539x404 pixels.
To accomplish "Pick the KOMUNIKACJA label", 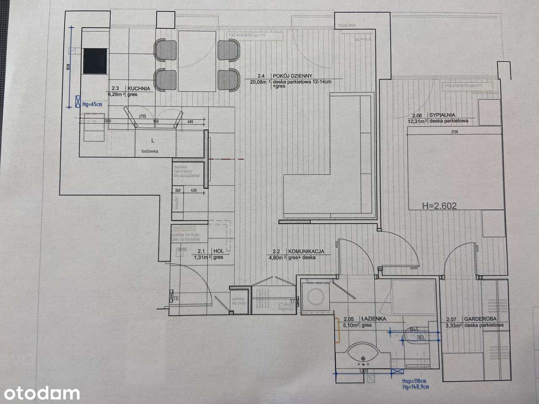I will tap(306, 251).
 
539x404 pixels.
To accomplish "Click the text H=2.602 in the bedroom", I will tap(439, 206).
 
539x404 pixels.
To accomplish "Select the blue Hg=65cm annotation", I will tap(92, 104).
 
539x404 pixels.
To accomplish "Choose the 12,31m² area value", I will tap(417, 121).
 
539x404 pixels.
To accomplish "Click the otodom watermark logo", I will tap(40, 393).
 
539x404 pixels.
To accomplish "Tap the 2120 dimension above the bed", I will tap(454, 132).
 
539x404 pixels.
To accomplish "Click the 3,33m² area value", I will tap(454, 325).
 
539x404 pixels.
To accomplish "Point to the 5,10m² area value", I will tap(350, 325).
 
